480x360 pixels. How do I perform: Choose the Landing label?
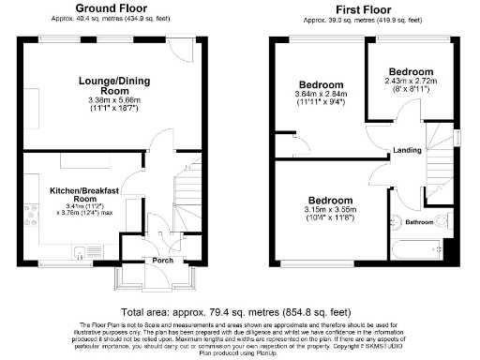pyautogui.click(x=407, y=150)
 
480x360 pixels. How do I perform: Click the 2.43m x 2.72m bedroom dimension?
pyautogui.click(x=411, y=82)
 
